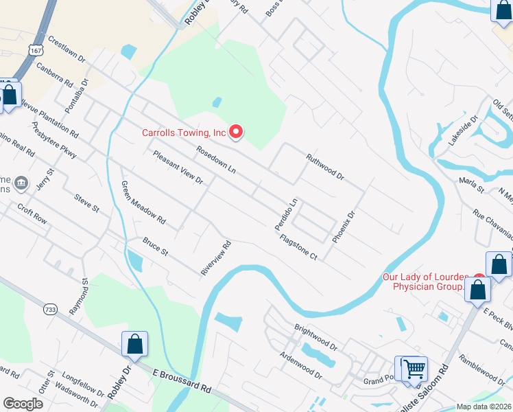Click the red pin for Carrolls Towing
[x=236, y=131]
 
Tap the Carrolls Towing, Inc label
[x=184, y=133]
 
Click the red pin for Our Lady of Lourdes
[x=479, y=279]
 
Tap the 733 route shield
[x=49, y=310]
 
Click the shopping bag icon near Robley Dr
[x=135, y=344]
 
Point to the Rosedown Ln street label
[x=215, y=159]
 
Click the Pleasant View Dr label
[x=178, y=167]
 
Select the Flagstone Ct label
[x=298, y=247]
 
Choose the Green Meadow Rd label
[x=143, y=203]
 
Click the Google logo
[x=23, y=404]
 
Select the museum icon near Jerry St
[x=21, y=183]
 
